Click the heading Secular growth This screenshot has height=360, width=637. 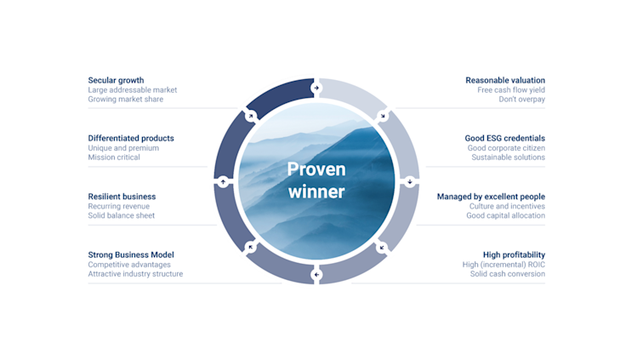116,81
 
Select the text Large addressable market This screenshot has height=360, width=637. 132,90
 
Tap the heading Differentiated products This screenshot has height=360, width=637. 131,139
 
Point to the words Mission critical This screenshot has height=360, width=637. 114,157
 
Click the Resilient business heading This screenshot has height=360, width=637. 122,197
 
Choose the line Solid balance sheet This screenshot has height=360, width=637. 122,215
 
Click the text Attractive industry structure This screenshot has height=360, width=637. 135,274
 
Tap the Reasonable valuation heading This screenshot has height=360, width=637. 505,81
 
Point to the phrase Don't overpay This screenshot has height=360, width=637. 521,100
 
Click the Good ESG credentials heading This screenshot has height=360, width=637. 505,139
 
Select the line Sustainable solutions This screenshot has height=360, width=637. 508,157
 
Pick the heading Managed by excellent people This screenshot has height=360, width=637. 491,197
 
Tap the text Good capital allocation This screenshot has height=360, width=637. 505,215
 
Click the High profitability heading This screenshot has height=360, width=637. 514,254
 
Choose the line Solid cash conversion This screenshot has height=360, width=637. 508,274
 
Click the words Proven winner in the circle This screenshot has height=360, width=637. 316,180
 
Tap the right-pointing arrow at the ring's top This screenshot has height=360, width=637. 316,87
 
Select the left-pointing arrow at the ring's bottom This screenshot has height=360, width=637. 316,274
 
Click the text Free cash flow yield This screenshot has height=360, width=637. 511,90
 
